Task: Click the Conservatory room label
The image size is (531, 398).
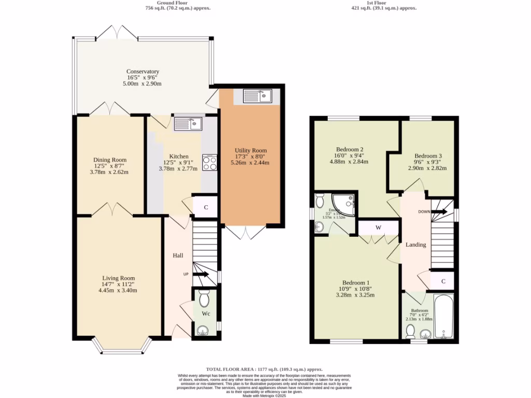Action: click(x=143, y=72)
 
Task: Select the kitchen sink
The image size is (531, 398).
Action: click(x=188, y=123)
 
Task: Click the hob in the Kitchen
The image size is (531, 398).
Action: click(x=209, y=163)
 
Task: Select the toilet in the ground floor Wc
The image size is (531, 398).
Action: click(x=204, y=299)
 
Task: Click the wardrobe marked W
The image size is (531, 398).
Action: click(x=378, y=227)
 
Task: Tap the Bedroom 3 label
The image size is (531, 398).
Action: click(x=428, y=155)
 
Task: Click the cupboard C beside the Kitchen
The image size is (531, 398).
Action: click(x=206, y=207)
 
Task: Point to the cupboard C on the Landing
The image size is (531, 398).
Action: click(x=443, y=281)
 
